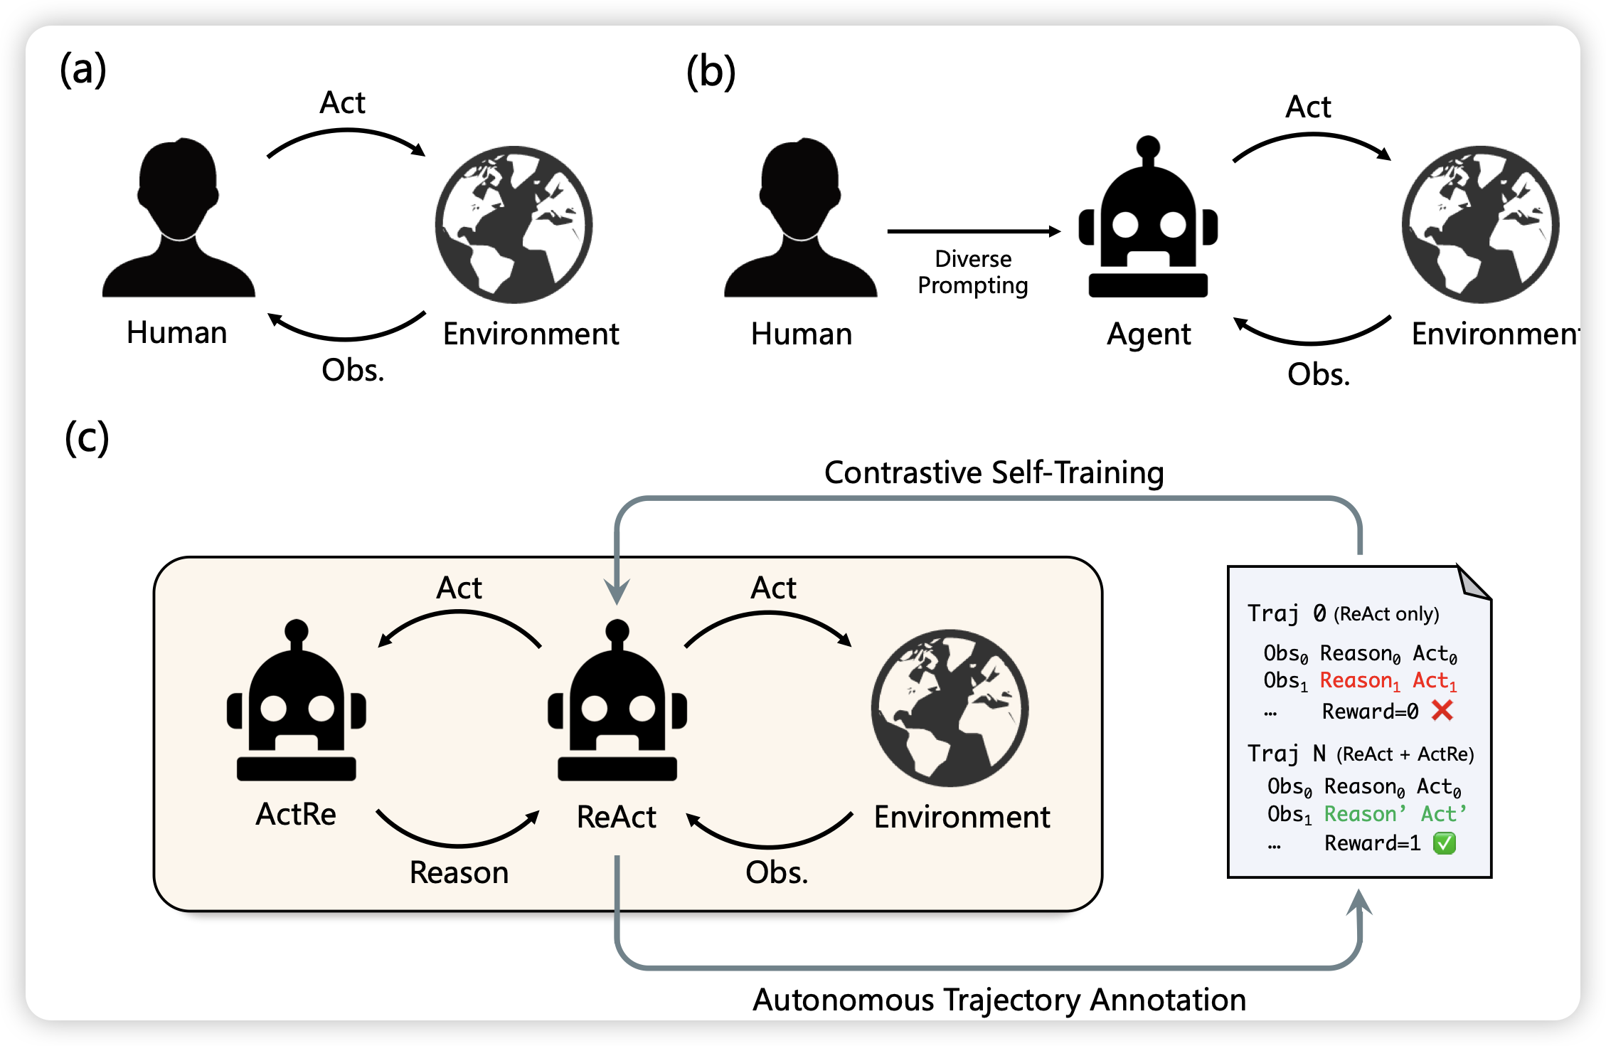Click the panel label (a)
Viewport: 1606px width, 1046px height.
(83, 70)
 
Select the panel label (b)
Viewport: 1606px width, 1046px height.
(711, 73)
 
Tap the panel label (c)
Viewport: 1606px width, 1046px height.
(87, 437)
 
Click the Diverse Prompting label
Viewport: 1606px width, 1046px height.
(973, 272)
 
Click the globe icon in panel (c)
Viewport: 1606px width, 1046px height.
(950, 707)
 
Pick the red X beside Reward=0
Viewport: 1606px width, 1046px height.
(1442, 710)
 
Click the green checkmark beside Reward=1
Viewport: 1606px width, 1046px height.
(1445, 843)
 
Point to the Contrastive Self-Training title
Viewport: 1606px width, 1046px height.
(994, 472)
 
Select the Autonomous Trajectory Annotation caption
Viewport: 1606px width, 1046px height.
(999, 1000)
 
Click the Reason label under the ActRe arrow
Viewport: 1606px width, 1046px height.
(459, 872)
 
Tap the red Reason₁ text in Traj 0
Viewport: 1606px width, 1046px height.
(1359, 681)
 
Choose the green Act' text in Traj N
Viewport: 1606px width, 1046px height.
(1443, 814)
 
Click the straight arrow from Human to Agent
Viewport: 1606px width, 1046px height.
(973, 231)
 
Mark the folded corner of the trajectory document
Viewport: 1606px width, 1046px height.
(1472, 583)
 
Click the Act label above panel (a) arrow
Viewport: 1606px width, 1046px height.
(342, 102)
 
